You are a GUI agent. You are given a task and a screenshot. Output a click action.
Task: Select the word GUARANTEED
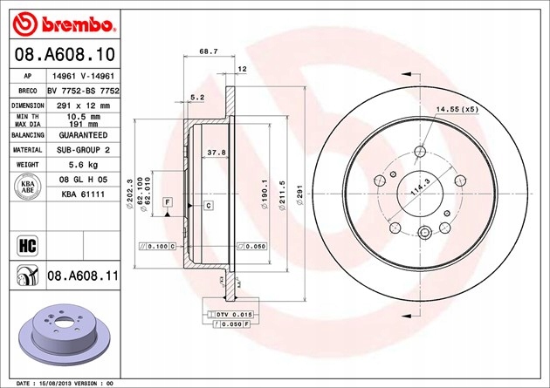coord(83,136)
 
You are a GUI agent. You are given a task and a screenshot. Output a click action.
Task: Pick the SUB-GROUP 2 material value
coord(83,150)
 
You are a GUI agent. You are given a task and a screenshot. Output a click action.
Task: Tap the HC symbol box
coord(24,242)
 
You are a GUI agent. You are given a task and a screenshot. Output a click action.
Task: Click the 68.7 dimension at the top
coord(209,52)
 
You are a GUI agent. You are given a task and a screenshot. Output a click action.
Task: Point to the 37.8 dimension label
coord(212,153)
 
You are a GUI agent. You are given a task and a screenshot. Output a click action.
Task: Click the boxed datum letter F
coord(167,202)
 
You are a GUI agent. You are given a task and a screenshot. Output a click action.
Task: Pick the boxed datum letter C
coord(210,205)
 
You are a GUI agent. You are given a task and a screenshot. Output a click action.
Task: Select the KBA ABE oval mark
coord(24,187)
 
